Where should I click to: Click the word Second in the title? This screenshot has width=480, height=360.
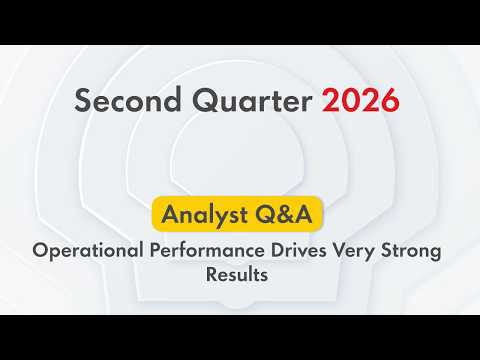click(127, 99)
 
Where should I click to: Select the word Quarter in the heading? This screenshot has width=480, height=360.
click(252, 100)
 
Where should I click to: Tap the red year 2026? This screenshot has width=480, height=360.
click(360, 100)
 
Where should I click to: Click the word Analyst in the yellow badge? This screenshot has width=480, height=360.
click(205, 214)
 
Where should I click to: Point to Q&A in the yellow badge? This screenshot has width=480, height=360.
click(284, 214)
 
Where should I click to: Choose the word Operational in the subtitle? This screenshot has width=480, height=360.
click(88, 251)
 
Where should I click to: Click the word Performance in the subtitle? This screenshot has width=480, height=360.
click(207, 251)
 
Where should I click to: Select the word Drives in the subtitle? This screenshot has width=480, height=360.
click(298, 250)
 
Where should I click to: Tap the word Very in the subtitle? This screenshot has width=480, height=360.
click(354, 251)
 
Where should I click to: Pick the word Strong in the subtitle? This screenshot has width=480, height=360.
click(411, 251)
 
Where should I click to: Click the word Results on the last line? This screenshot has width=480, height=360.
click(237, 275)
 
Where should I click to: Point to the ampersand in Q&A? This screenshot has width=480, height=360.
click(284, 214)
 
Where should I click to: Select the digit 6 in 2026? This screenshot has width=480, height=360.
click(390, 100)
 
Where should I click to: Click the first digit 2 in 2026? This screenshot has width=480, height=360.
click(330, 100)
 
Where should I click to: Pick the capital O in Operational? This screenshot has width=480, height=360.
click(42, 250)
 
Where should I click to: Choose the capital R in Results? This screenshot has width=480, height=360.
click(212, 275)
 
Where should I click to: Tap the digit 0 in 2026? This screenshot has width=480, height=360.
click(350, 100)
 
